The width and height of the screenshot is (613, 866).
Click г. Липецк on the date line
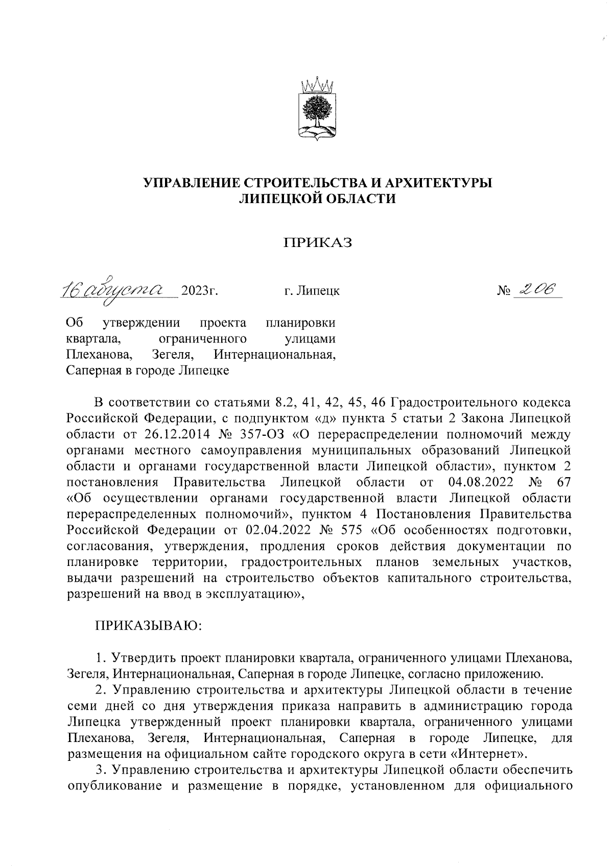click(x=312, y=291)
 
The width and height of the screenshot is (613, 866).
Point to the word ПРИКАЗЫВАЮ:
click(x=148, y=625)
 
